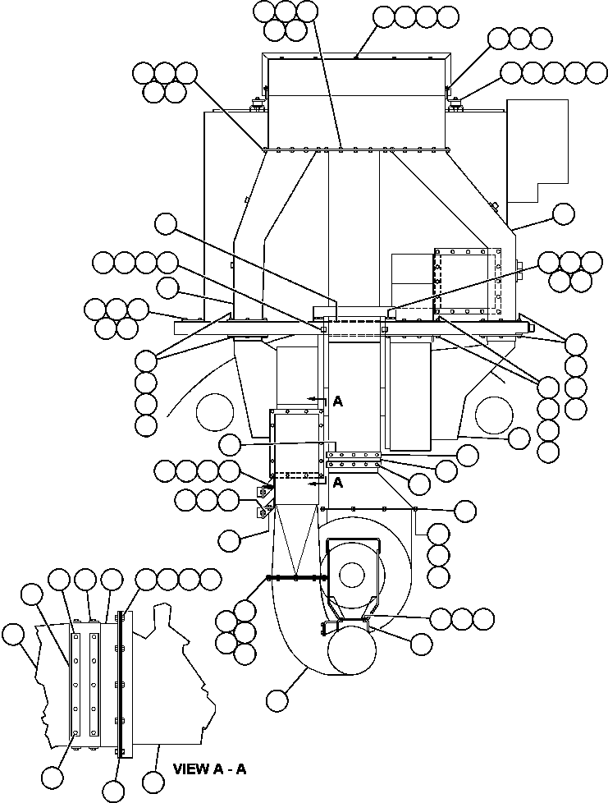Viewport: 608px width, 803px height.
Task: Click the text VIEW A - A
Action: click(210, 769)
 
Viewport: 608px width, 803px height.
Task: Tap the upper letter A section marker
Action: click(337, 401)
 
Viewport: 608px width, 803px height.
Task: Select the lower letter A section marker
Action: click(337, 483)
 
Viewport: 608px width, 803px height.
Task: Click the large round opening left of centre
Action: click(215, 409)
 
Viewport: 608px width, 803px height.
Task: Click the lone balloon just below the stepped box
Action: click(564, 213)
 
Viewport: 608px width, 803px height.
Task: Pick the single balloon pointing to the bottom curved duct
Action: click(278, 700)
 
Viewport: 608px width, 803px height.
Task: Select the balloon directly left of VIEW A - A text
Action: click(153, 777)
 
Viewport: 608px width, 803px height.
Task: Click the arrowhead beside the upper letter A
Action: click(313, 399)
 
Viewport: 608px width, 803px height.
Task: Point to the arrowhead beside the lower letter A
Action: click(313, 484)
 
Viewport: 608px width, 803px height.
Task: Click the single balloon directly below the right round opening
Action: click(519, 438)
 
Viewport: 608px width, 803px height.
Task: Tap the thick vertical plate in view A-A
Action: click(121, 683)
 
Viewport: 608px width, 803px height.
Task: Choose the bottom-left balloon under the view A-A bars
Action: click(52, 775)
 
